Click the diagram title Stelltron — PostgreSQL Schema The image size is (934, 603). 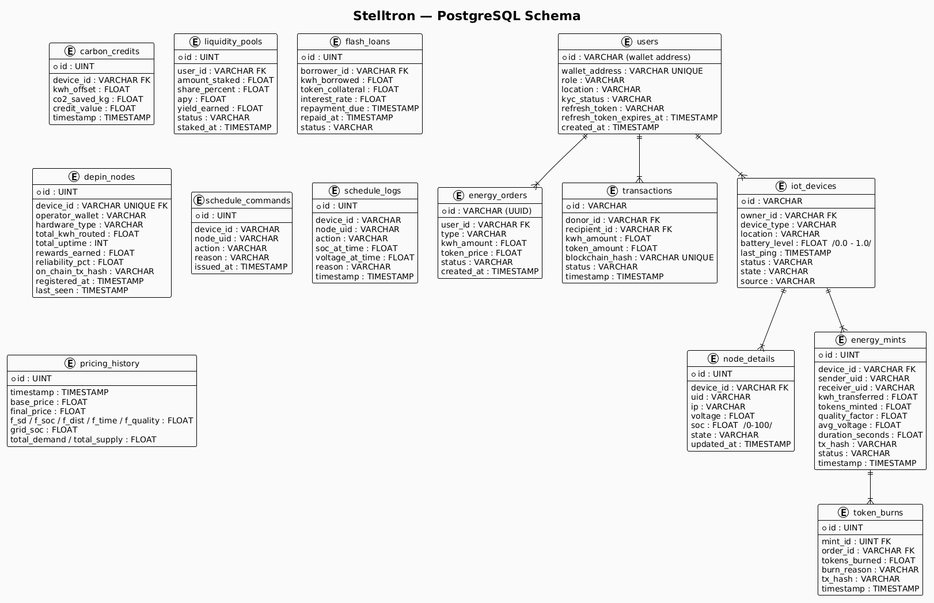[x=466, y=16]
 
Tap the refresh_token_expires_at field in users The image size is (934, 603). [x=639, y=117]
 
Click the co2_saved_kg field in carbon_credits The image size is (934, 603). [x=98, y=99]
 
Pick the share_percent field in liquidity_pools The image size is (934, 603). [x=223, y=90]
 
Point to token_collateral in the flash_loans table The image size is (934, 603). [x=350, y=90]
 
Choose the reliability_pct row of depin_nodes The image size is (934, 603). [x=79, y=262]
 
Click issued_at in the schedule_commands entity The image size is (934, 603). [x=241, y=267]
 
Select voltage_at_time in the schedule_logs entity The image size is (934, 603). [x=365, y=257]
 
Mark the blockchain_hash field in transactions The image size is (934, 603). [x=639, y=257]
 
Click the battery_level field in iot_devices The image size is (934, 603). [x=806, y=244]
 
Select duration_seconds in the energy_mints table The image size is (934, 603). [x=870, y=435]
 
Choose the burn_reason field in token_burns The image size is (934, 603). [x=870, y=570]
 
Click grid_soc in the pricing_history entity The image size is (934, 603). [x=44, y=430]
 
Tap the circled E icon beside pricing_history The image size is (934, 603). [x=70, y=363]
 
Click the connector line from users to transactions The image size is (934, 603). [x=639, y=158]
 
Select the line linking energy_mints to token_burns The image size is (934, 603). [x=870, y=487]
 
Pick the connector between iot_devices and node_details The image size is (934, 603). [x=772, y=319]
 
